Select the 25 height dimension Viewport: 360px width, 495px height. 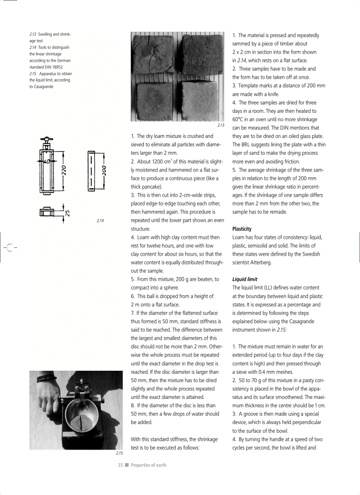67,212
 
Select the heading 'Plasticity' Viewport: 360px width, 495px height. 242,229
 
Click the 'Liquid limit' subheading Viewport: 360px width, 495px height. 245,279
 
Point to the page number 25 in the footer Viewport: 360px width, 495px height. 120,465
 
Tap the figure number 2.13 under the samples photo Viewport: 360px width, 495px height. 221,125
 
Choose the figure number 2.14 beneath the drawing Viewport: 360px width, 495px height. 100,220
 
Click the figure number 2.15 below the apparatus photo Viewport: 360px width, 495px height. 119,453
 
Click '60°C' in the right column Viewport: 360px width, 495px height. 240,119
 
